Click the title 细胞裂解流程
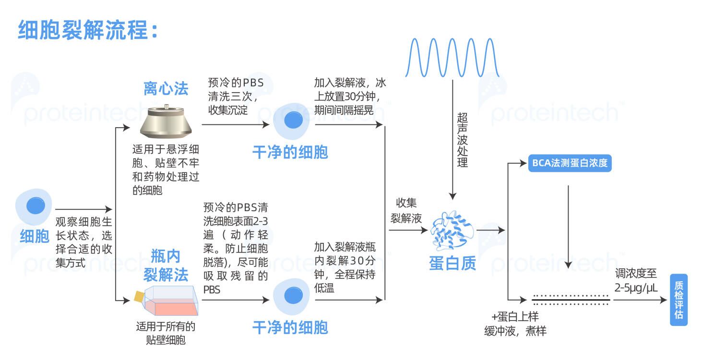coord(88,30)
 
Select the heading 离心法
coord(166,88)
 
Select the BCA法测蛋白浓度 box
coord(570,163)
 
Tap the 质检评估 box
coord(679,300)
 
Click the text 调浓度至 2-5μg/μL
coord(636,281)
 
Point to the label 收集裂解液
coord(406,211)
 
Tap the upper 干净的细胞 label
coord(290,153)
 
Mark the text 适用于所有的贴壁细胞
coord(166,334)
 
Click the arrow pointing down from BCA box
coord(569,226)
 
